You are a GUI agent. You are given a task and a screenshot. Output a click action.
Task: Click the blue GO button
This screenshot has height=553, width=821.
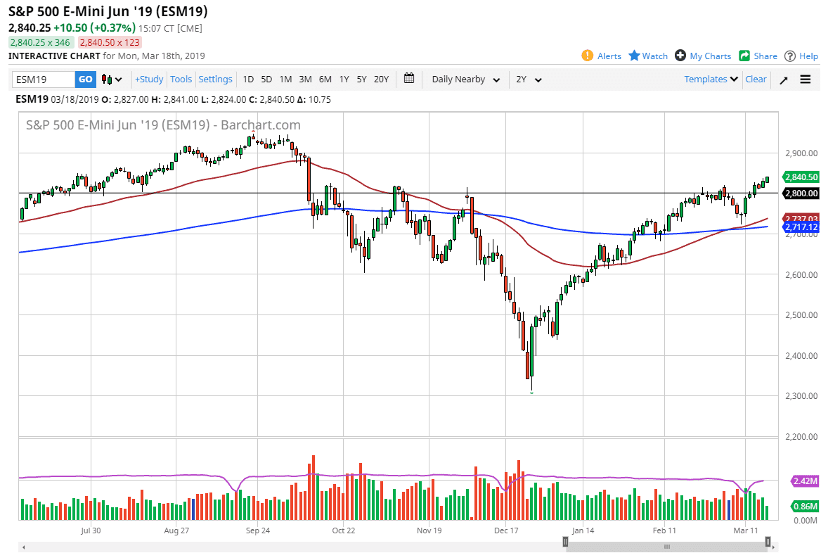[x=85, y=80]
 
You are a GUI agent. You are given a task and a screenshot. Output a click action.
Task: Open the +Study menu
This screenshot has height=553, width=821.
[x=149, y=80]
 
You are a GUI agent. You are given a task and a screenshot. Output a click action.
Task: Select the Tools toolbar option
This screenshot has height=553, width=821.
[x=181, y=80]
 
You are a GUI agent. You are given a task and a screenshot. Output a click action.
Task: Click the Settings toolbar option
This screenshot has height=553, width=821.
[x=215, y=80]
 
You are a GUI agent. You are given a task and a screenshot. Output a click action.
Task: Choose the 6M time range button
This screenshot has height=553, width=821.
[x=325, y=80]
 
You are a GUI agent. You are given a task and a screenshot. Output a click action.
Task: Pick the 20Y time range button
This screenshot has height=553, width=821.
[x=381, y=80]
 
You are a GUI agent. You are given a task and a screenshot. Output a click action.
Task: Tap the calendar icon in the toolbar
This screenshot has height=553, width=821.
[x=410, y=79]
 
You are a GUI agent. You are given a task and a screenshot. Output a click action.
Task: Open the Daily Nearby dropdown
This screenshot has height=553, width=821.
[x=466, y=80]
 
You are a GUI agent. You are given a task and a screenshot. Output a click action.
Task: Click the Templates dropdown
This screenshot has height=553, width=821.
[x=711, y=80]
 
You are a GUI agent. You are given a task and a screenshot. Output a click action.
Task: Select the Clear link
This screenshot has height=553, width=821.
[x=756, y=80]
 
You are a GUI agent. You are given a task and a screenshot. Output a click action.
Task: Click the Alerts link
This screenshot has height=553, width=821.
[x=602, y=56]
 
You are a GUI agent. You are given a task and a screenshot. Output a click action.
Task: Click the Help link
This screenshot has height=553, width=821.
[x=801, y=56]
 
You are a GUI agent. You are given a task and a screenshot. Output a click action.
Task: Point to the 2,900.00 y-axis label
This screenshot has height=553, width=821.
[x=800, y=153]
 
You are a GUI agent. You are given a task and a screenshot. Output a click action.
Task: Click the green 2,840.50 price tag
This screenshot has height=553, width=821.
[x=801, y=177]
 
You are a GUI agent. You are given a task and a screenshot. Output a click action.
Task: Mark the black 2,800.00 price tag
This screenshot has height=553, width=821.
[x=801, y=193]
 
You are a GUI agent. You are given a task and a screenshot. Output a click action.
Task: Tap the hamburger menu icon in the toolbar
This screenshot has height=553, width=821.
[x=806, y=80]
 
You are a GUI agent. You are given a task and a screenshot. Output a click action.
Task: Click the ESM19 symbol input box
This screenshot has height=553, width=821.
[x=44, y=80]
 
